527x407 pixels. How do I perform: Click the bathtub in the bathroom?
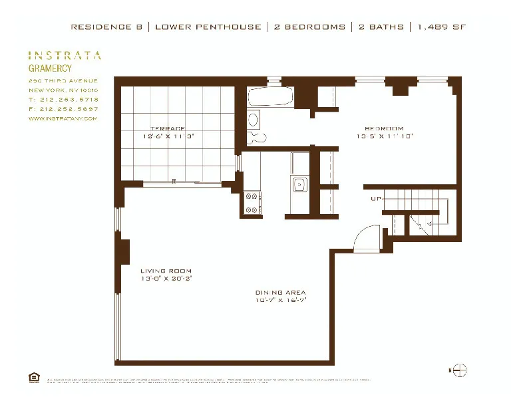tap(269, 98)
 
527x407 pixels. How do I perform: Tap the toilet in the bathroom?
tap(257, 138)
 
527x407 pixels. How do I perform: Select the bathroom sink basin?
tap(253, 120)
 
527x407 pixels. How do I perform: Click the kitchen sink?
tap(299, 185)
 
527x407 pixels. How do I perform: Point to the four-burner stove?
tap(253, 203)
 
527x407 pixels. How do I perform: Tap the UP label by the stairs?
tap(375, 199)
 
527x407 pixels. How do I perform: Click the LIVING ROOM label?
tap(166, 271)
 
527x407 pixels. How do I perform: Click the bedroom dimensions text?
tap(384, 136)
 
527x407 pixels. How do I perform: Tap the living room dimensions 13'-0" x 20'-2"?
tap(166, 279)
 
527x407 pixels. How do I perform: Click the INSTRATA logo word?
tap(65, 56)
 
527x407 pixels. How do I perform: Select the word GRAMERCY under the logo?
tap(51, 68)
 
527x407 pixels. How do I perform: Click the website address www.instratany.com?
tap(63, 118)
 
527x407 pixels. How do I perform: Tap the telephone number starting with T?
tap(63, 99)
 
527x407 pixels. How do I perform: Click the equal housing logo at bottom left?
tap(33, 377)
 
